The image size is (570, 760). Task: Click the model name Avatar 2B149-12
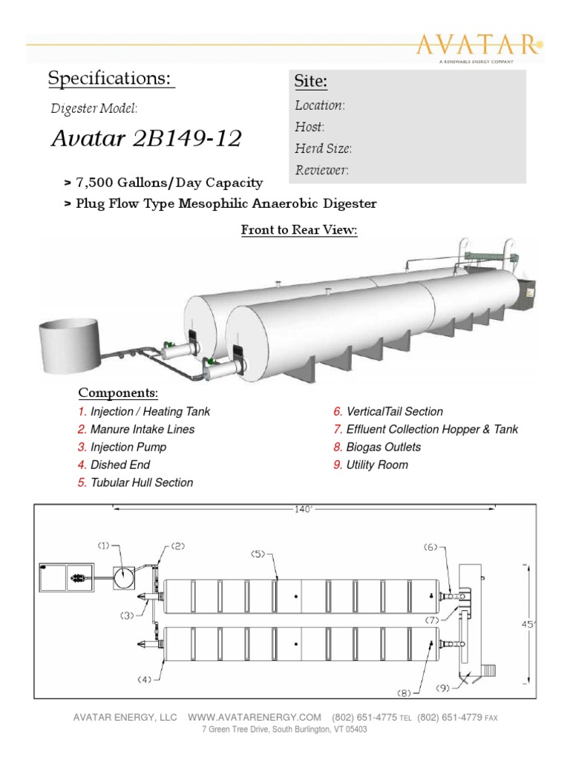[x=146, y=140]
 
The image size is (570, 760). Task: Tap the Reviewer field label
[x=321, y=170]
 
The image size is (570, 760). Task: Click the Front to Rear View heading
[x=299, y=231]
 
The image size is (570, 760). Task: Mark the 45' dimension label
[x=528, y=625]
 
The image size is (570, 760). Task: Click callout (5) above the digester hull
[x=258, y=553]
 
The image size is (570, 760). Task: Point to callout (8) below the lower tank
[x=403, y=693]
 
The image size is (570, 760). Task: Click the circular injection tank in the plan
[x=125, y=577]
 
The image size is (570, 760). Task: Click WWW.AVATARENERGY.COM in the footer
[x=255, y=717]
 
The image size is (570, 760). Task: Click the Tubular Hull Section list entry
[x=135, y=482]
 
